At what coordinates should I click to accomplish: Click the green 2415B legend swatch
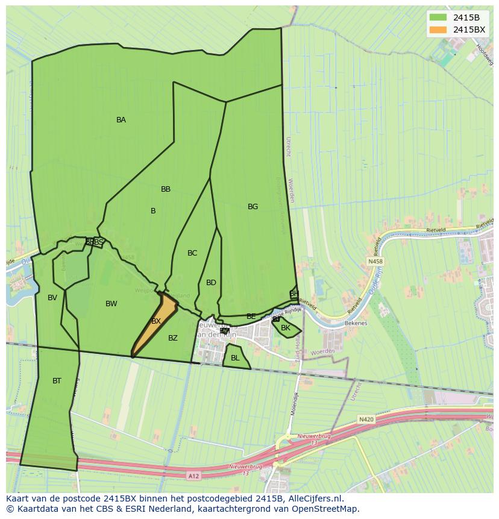438,17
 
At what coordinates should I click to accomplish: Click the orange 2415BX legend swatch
438,30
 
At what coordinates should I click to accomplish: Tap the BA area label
121,120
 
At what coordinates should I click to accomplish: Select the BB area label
166,189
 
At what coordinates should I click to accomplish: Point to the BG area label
253,207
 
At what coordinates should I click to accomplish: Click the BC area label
192,253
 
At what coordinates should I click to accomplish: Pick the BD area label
211,283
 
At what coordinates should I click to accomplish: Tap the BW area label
111,304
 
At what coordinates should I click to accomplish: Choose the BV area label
52,298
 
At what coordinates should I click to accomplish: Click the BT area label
57,381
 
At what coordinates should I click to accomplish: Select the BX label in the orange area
156,321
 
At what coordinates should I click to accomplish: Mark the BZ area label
173,338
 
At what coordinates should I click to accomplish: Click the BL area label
235,358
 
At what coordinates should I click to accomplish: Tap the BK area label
286,328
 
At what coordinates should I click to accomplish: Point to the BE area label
251,316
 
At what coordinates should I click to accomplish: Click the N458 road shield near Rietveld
375,262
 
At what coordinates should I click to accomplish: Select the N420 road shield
366,419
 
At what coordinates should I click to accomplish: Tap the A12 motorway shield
193,476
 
